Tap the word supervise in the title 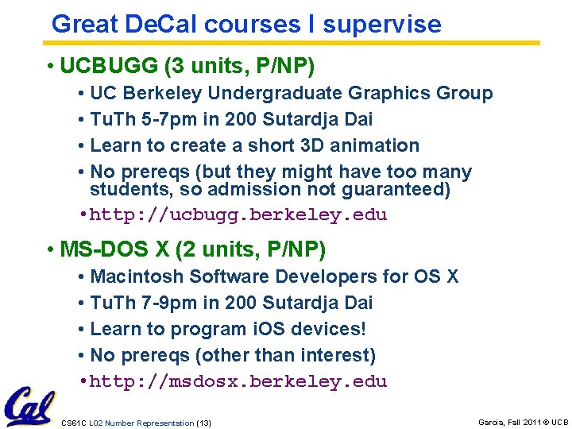tap(382, 24)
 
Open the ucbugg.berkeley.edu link tap(238, 215)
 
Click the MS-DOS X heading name tap(114, 249)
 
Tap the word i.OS tap(284, 329)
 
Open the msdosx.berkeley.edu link tap(238, 381)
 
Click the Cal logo tap(29, 407)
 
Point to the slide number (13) tap(203, 423)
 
